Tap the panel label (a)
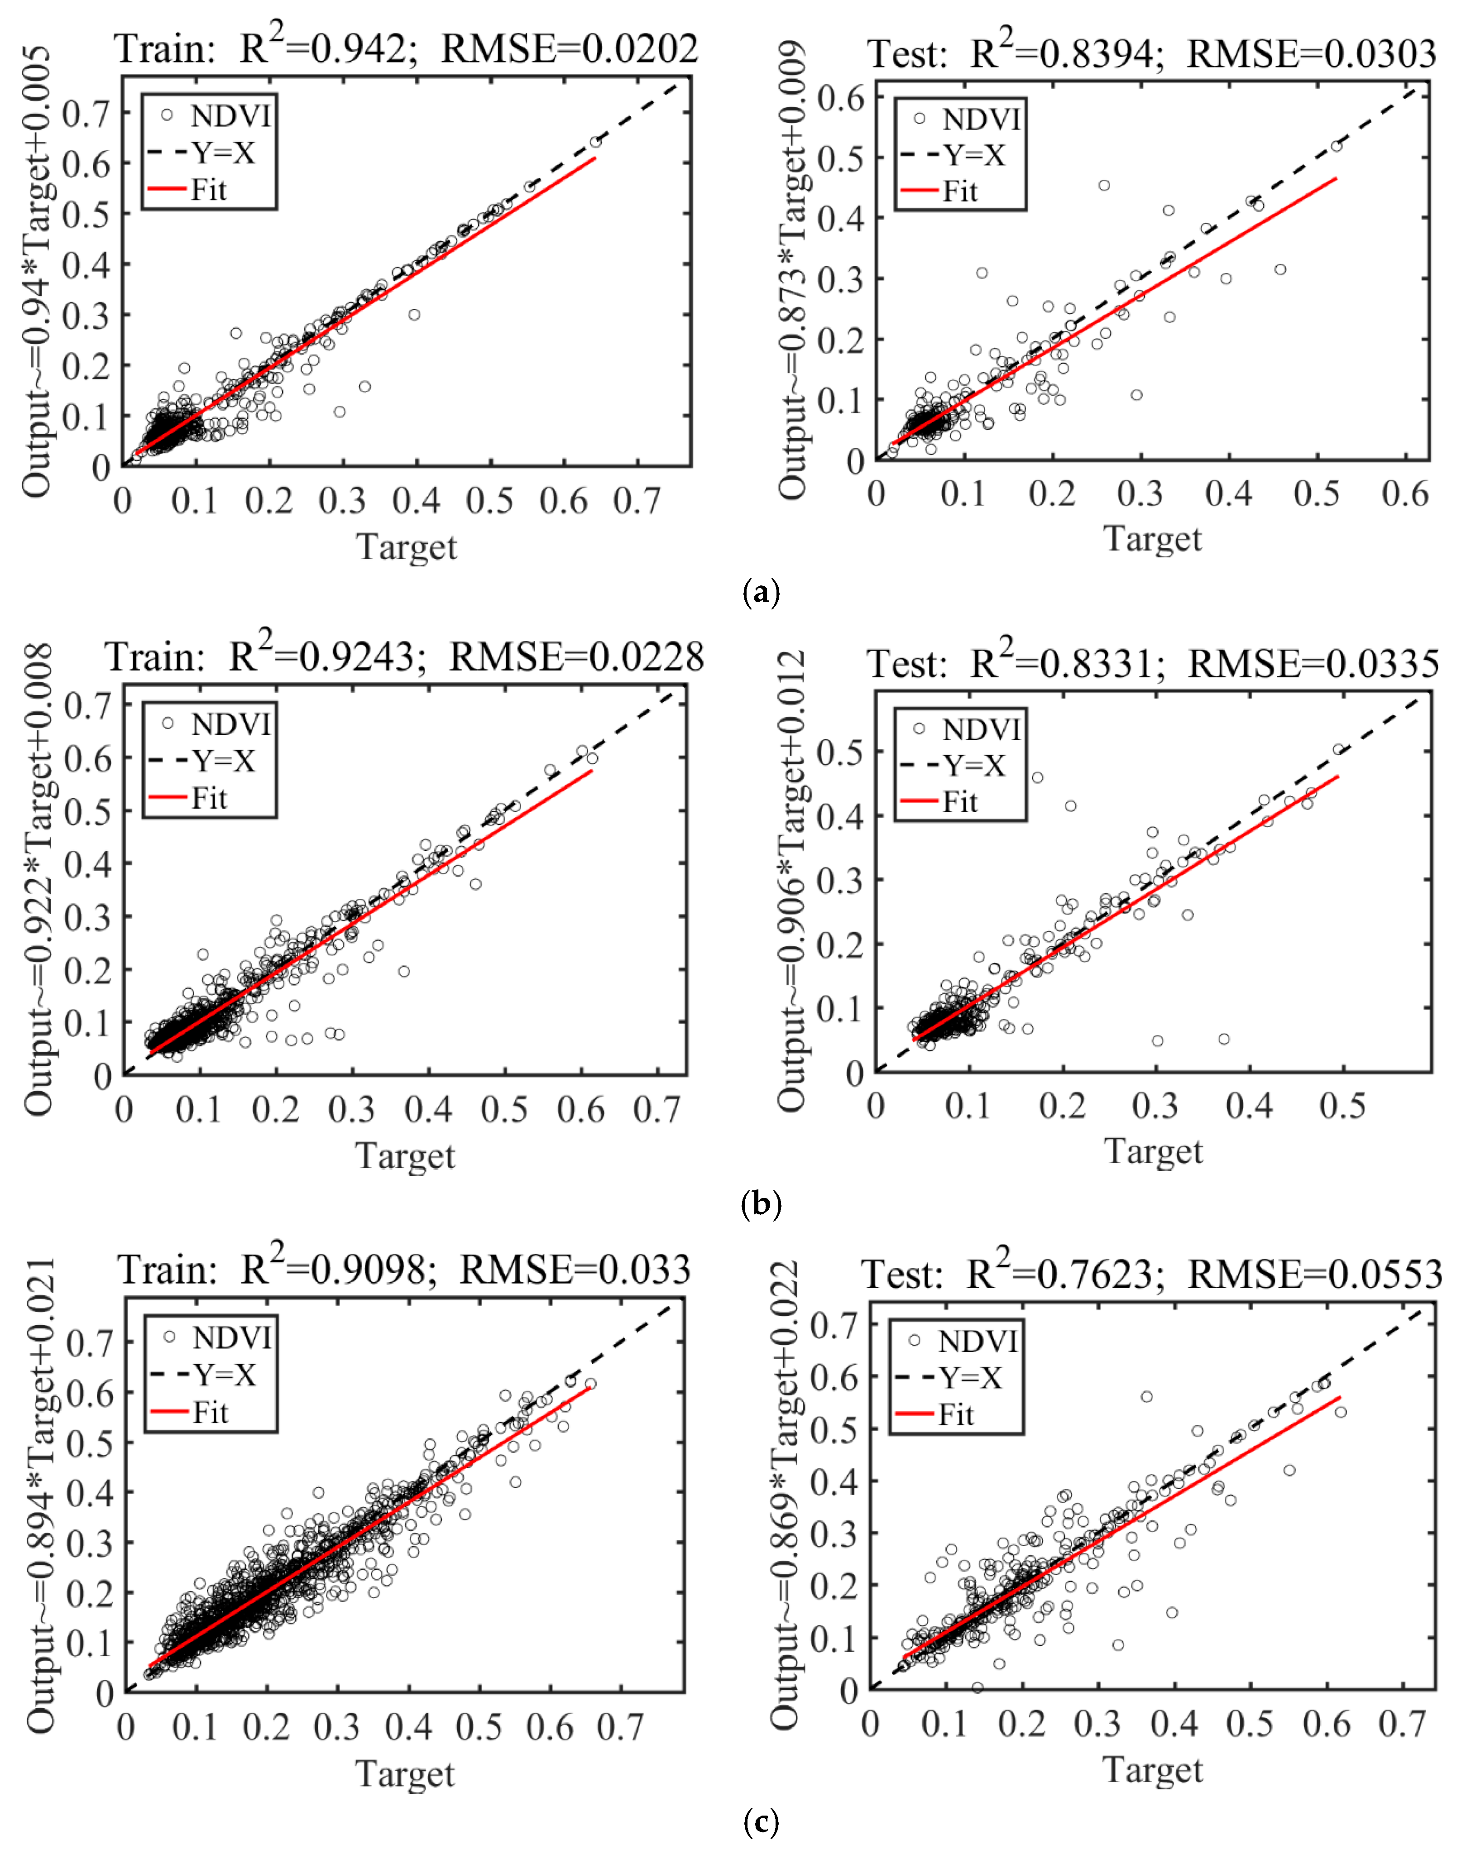[x=760, y=592]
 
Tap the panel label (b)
[x=760, y=1204]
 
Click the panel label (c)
[x=760, y=1819]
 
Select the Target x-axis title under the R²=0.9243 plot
[x=405, y=1155]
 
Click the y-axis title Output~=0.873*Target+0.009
[x=793, y=268]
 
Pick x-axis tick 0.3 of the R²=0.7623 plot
[x=1097, y=1724]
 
